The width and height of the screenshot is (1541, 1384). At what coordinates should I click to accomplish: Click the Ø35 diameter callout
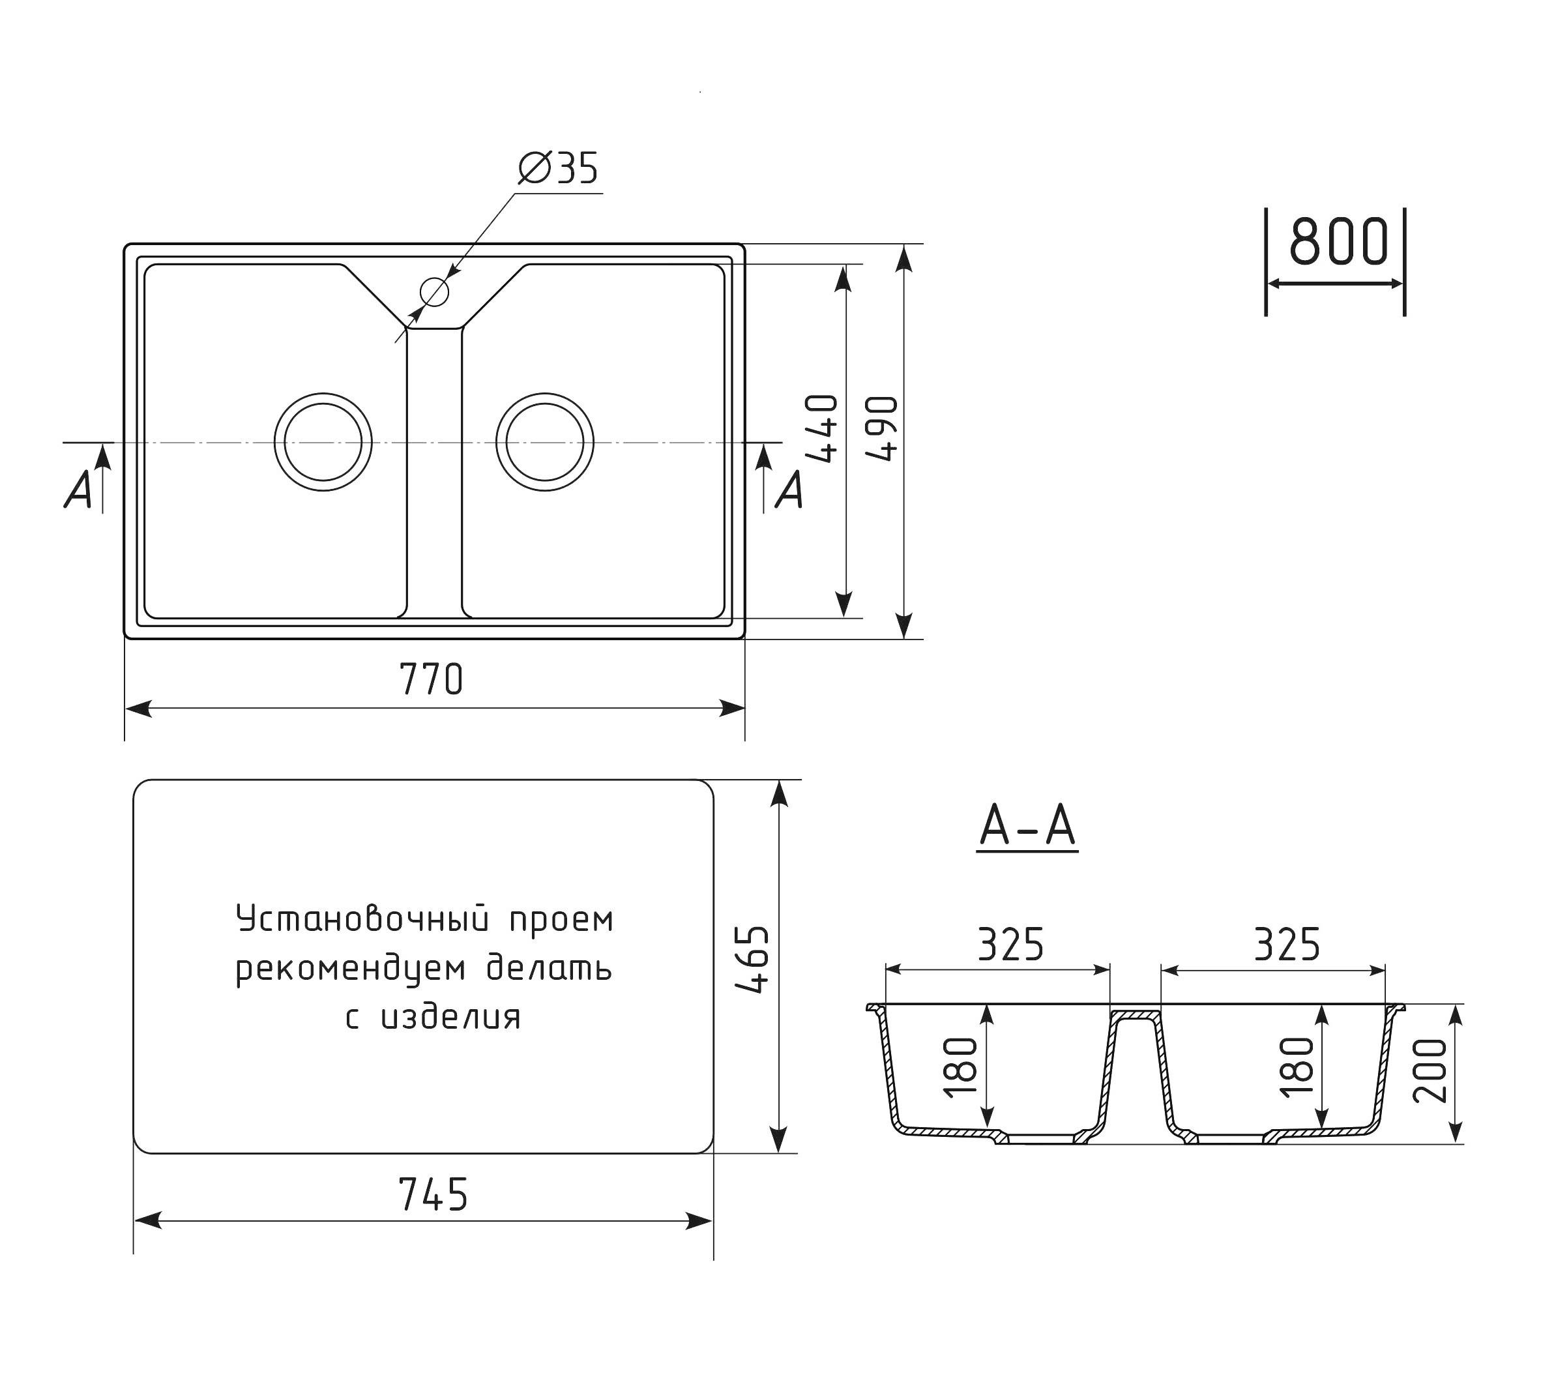tap(558, 168)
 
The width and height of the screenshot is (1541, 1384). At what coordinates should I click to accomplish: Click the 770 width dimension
tap(431, 679)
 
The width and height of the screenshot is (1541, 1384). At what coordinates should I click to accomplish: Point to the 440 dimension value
tap(822, 428)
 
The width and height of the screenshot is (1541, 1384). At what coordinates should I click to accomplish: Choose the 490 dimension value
tap(882, 428)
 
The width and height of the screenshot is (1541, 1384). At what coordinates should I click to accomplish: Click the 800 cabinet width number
tap(1339, 241)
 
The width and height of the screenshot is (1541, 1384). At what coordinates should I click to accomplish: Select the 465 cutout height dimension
tap(754, 960)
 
